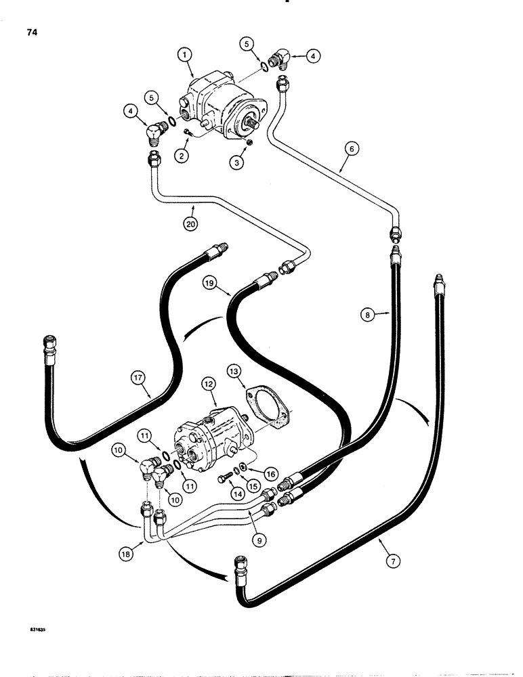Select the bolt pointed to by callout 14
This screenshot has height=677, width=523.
pos(225,480)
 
